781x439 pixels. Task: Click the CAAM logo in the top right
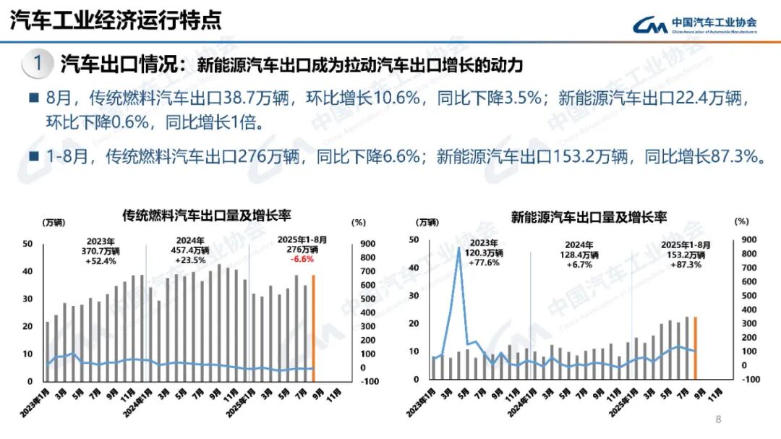(694, 25)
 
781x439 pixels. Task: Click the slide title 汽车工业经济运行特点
(115, 20)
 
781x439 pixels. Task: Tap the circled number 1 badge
(37, 64)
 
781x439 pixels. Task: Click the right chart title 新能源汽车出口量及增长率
(589, 216)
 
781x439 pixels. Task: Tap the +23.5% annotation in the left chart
(191, 260)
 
